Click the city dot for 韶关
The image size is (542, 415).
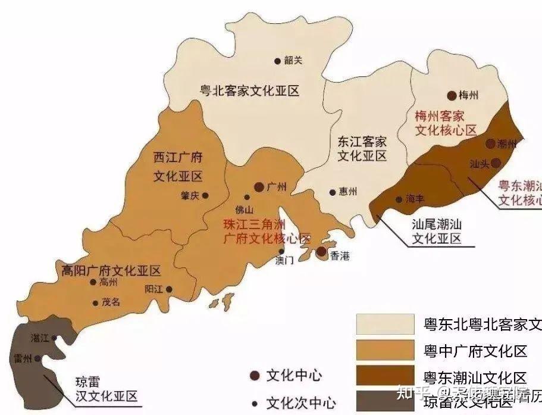[x=277, y=61]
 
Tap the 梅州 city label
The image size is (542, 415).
[x=469, y=95]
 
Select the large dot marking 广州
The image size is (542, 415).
[x=259, y=187]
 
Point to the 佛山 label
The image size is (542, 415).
[x=244, y=209]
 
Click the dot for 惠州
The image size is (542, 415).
[x=333, y=192]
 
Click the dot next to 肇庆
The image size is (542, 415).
[x=205, y=195]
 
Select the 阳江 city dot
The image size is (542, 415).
[x=170, y=289]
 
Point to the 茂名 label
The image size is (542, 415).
[x=111, y=302]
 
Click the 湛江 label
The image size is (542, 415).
[x=40, y=338]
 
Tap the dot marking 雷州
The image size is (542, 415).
[x=37, y=358]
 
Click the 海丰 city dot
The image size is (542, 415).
[x=399, y=199]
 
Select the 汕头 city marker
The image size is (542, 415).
[x=496, y=163]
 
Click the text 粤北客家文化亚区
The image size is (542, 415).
[x=249, y=91]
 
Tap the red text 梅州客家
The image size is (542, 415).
[x=439, y=116]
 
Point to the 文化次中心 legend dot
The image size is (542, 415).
[x=255, y=402]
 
